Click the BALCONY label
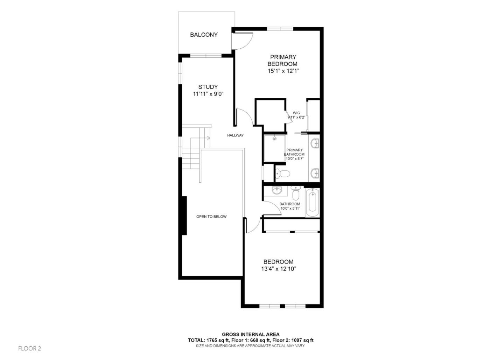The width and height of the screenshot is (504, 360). tap(204, 35)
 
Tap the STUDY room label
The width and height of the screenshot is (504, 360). tap(208, 87)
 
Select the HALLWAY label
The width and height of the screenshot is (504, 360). tap(235, 135)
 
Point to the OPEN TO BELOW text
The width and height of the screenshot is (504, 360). tap(211, 217)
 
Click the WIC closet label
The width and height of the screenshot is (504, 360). tap(296, 113)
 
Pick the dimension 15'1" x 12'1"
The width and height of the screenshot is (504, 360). tap(283, 71)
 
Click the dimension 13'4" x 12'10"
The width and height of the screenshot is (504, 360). tap(279, 269)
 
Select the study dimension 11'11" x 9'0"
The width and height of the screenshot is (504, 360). tap(208, 94)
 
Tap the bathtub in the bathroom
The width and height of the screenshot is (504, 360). tap(312, 203)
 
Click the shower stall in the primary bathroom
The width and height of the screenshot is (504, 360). tap(274, 148)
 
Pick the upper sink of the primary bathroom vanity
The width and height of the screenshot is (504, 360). tap(315, 143)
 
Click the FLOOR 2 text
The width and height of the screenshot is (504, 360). tap(29, 348)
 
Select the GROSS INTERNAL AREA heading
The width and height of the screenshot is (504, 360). tap(251, 334)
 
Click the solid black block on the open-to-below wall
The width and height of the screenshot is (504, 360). tap(183, 216)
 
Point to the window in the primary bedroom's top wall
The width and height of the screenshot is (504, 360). tap(280, 29)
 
